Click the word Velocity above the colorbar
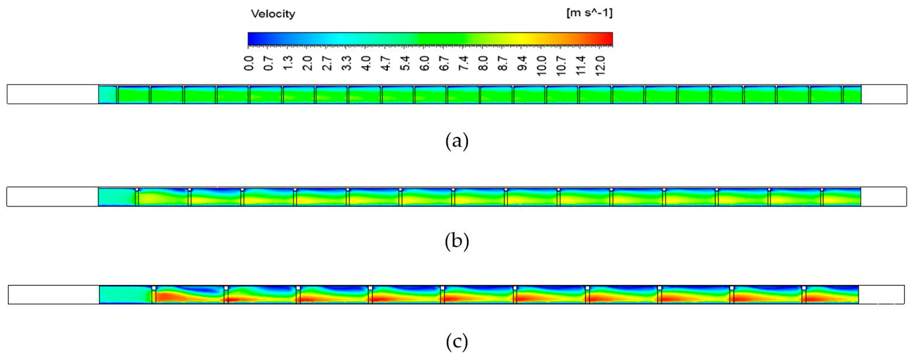coord(273,14)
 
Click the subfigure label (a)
coord(457,141)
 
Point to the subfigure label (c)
coord(457,342)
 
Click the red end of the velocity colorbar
coord(609,39)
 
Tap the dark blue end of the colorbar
coord(251,39)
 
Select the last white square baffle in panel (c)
coord(804,288)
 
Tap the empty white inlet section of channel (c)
coord(53,294)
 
